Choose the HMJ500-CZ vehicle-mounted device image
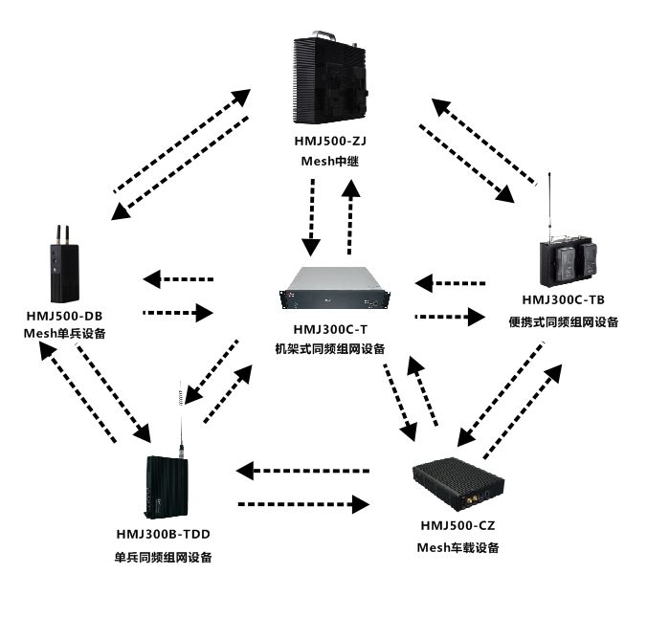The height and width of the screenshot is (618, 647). click(x=457, y=484)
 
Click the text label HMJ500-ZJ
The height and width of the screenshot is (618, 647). click(x=330, y=141)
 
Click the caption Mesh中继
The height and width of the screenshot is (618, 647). click(x=330, y=161)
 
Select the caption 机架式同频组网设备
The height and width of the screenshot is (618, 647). click(x=329, y=349)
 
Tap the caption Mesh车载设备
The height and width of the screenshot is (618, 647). click(x=457, y=547)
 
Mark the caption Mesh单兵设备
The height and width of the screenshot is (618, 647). click(x=64, y=334)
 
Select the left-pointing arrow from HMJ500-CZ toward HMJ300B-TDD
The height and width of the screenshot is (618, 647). click(x=303, y=470)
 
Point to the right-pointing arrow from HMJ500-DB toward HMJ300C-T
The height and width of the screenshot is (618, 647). click(x=177, y=312)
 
